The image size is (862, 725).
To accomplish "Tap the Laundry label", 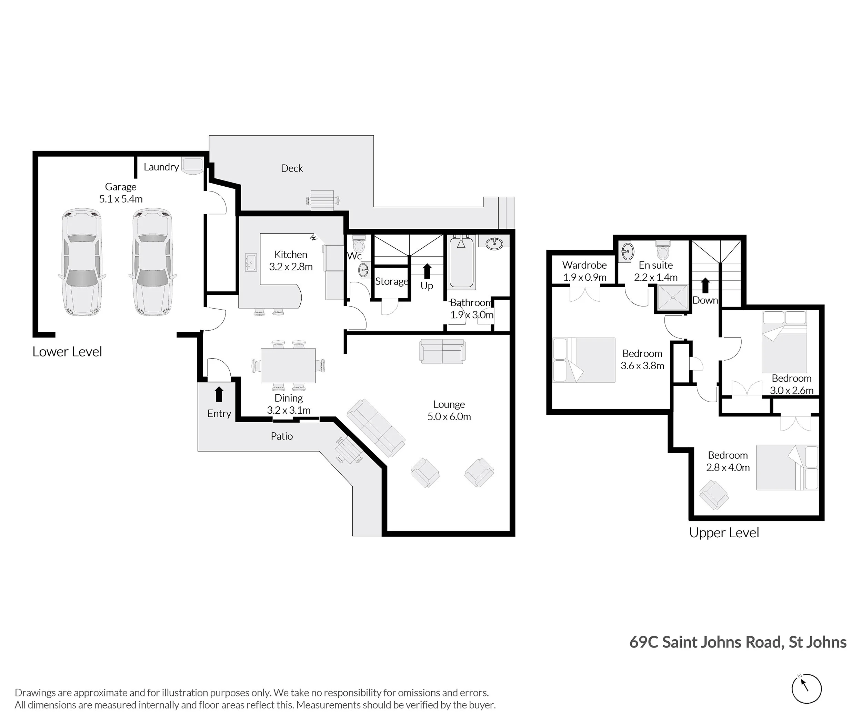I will (161, 167).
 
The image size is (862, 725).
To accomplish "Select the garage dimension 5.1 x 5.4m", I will (121, 199).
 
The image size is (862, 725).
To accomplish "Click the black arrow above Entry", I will (219, 394).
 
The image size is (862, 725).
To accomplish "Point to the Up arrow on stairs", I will (427, 271).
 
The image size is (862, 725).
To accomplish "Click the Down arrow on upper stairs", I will (705, 285).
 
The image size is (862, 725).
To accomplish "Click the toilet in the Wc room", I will (359, 244).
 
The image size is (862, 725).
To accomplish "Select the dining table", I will (288, 365).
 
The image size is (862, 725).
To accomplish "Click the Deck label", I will (292, 168).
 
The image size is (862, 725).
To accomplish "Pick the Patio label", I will (282, 436).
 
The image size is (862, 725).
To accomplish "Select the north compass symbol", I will (806, 688).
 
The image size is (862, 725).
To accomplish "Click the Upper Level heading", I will (724, 533).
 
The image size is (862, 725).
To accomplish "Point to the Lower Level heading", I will (67, 352).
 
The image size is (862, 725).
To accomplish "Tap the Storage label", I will (391, 281).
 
